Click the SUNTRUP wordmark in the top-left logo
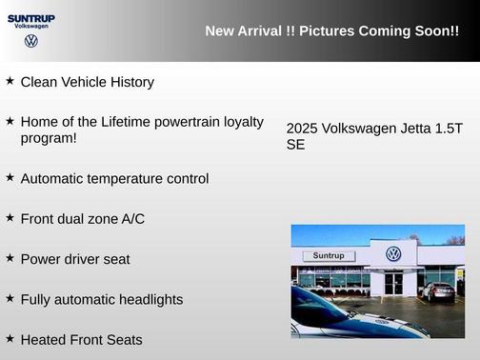[x=30, y=17]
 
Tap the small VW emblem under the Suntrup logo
[x=31, y=42]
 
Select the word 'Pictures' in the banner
[x=327, y=31]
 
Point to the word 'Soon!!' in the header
[x=437, y=31]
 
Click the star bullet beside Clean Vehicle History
[x=10, y=81]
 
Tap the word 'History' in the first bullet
[x=130, y=82]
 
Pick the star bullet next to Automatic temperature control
[x=10, y=177]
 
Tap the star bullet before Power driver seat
[x=10, y=257]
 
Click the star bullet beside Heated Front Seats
[x=10, y=338]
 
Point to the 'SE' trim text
[x=295, y=146]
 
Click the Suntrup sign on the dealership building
[x=328, y=256]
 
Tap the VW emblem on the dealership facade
[x=393, y=254]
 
